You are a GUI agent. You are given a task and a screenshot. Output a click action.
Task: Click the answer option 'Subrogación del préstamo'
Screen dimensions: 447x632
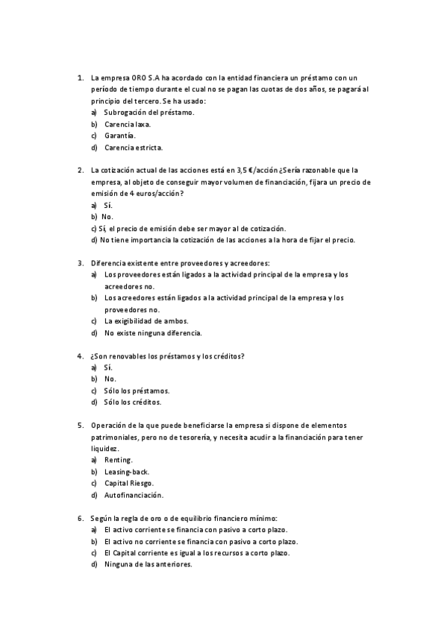(x=149, y=112)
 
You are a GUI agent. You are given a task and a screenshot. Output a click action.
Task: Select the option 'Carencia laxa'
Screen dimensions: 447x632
(x=127, y=124)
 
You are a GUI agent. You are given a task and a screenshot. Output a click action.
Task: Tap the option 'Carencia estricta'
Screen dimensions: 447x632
(x=134, y=148)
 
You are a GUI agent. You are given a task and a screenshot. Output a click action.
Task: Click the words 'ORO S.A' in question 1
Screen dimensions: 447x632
(x=144, y=77)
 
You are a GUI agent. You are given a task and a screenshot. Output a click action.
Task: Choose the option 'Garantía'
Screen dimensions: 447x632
(x=119, y=136)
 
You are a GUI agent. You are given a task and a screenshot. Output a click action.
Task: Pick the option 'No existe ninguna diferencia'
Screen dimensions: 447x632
(x=153, y=333)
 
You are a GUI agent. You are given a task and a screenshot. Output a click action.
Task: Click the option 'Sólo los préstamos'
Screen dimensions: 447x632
(x=137, y=391)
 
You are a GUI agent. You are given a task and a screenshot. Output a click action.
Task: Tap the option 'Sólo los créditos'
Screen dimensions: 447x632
(x=133, y=402)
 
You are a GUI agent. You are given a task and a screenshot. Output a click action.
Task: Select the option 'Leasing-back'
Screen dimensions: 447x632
(x=128, y=472)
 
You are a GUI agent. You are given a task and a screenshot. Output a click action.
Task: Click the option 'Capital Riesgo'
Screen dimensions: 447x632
(x=129, y=483)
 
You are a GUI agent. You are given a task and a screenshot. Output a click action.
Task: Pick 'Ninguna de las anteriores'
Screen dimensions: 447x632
(x=148, y=564)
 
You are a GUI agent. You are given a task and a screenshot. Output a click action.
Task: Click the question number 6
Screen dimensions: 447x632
(x=80, y=518)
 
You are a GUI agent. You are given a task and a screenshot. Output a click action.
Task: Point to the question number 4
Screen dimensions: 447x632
(x=80, y=355)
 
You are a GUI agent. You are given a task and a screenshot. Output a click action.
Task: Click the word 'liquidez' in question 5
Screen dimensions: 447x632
(x=104, y=449)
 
